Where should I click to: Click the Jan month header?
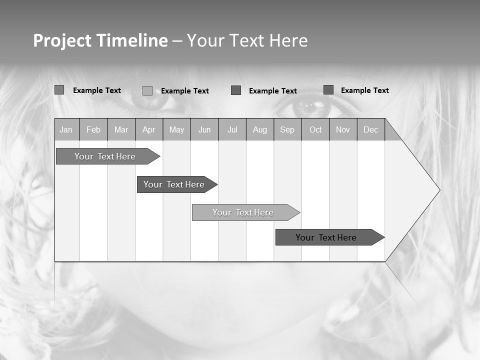(x=66, y=130)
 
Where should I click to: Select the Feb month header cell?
(x=93, y=130)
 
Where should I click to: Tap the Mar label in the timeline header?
(x=121, y=130)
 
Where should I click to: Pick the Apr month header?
(x=149, y=130)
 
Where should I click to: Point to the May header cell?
(x=176, y=130)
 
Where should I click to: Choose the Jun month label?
(x=204, y=130)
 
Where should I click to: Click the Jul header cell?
(x=232, y=130)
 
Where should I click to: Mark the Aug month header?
(x=260, y=130)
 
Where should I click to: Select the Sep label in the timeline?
(x=287, y=130)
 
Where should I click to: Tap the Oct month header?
(x=315, y=130)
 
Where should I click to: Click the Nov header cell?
(x=343, y=130)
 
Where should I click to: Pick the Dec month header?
(x=371, y=130)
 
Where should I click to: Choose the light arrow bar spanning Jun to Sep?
(x=243, y=212)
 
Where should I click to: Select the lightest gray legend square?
(x=147, y=90)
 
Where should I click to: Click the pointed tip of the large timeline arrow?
(x=438, y=190)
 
